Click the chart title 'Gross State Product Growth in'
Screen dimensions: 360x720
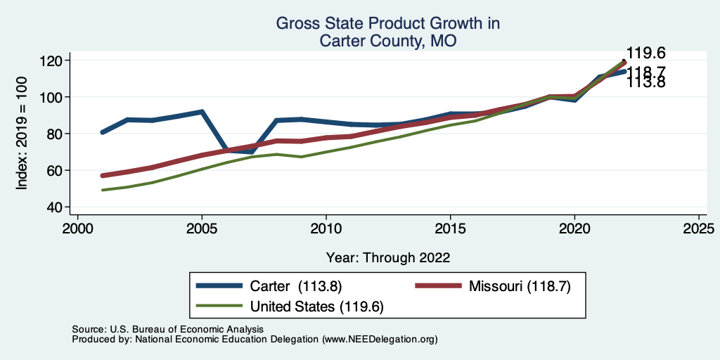coord(387,24)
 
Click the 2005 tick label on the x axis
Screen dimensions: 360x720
coord(202,229)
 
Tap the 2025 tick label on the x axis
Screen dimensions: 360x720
coord(699,229)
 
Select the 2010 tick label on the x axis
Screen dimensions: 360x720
coord(326,229)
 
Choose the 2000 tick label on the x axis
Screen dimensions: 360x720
coord(77,229)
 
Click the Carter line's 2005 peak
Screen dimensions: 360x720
coord(202,111)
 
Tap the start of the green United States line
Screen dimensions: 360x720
coord(103,190)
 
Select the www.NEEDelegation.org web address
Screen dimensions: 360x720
coord(380,339)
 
